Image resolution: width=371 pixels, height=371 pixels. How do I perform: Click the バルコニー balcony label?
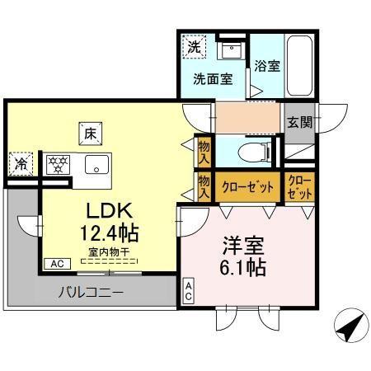(x=91, y=292)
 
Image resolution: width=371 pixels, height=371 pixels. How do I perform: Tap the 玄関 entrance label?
(x=298, y=122)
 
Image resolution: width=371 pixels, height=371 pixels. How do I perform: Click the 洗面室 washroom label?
(x=212, y=81)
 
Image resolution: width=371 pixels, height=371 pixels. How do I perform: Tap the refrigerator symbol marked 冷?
(x=20, y=162)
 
